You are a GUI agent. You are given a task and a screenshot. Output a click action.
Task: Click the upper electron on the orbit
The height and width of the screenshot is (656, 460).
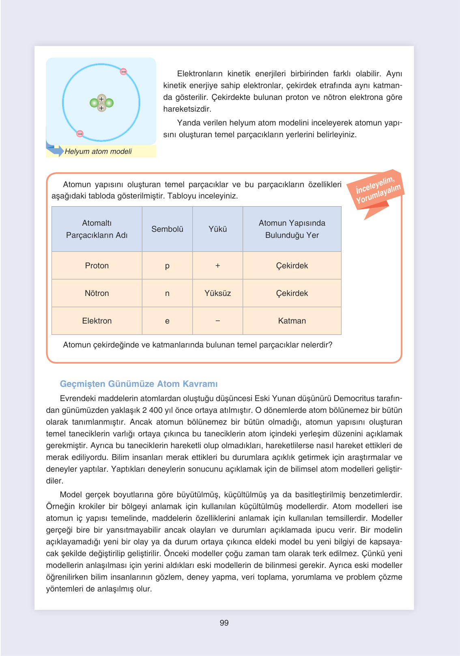tap(123, 72)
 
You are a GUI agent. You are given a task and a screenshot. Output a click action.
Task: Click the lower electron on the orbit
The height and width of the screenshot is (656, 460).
tap(80, 134)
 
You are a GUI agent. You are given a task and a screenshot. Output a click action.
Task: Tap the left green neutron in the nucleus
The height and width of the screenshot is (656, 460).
tap(94, 103)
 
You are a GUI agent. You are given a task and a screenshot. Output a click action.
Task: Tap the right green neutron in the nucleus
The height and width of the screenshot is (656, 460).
tap(109, 103)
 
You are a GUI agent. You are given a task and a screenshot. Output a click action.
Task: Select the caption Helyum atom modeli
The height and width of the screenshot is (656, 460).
tap(98, 151)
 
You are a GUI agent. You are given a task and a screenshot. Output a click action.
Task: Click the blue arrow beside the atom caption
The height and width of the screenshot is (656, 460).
tap(55, 150)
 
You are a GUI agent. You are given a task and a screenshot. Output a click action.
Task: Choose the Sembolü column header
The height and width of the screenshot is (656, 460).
tap(167, 229)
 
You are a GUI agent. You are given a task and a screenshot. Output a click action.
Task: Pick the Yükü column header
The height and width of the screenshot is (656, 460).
tap(217, 229)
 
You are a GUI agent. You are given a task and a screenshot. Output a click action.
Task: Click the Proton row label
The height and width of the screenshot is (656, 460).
tap(97, 265)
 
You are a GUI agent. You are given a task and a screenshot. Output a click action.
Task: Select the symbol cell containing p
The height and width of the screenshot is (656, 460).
tap(167, 266)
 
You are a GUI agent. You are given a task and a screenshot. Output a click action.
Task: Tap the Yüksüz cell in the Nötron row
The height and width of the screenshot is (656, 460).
tap(217, 293)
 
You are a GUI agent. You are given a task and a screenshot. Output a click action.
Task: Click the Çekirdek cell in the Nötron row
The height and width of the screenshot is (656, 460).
tap(292, 293)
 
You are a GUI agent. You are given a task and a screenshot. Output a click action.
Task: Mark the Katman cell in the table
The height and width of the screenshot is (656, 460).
tap(292, 321)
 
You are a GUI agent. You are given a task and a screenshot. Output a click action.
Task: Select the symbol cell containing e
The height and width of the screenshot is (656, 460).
tap(167, 321)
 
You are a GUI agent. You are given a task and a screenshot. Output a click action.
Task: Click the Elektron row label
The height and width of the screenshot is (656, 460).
tap(97, 321)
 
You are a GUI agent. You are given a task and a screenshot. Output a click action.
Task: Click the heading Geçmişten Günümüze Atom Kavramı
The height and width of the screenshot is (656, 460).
tap(139, 384)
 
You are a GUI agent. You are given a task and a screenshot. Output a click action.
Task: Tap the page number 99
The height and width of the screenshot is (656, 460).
tap(224, 623)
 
